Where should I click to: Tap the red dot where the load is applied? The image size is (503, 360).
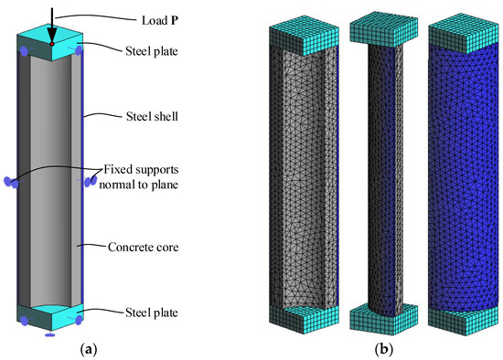coord(52,43)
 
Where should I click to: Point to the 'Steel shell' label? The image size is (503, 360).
coord(151,118)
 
